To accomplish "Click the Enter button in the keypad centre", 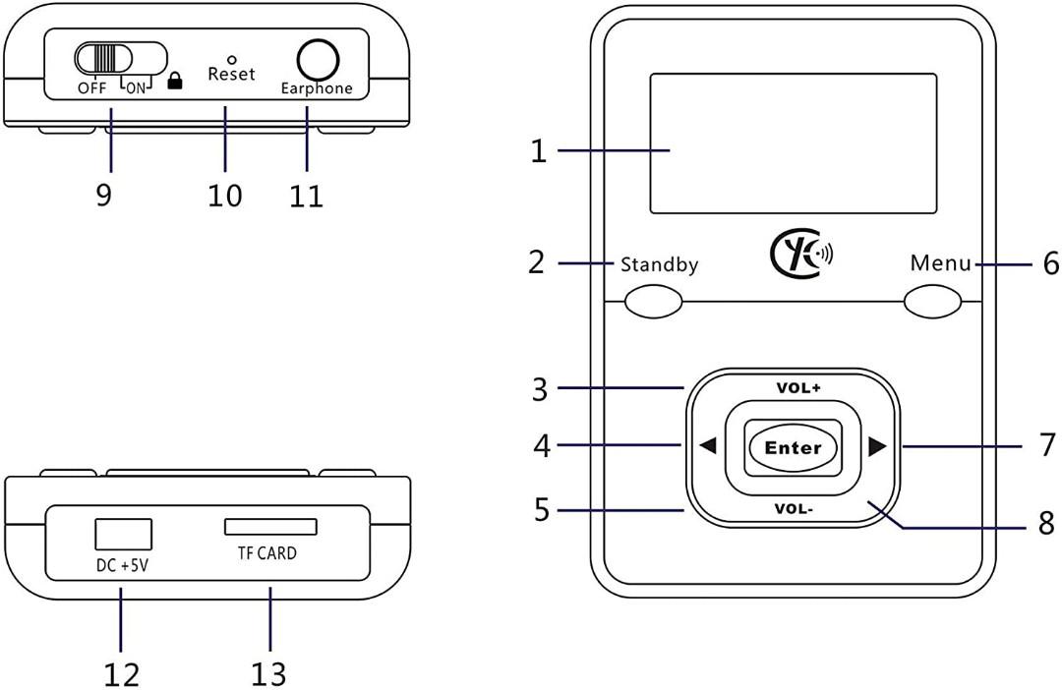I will tap(793, 447).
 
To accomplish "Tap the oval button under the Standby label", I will tap(654, 302).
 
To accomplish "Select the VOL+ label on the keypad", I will tap(797, 387).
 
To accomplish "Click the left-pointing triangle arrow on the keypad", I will tap(707, 446).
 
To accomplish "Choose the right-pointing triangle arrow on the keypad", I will tap(877, 446).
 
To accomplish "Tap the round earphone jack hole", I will tap(317, 60).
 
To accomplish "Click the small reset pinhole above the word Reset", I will tap(231, 59).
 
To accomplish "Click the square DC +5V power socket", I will tap(123, 533).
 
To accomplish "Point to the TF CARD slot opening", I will tap(270, 527).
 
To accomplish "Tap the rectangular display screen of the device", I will tap(793, 144).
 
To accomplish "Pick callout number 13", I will tap(267, 673).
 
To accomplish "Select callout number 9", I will tap(104, 195).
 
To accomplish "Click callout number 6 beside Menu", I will tap(1049, 264).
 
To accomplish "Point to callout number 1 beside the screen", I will tap(537, 151).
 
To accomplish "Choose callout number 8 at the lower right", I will tap(1046, 522).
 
